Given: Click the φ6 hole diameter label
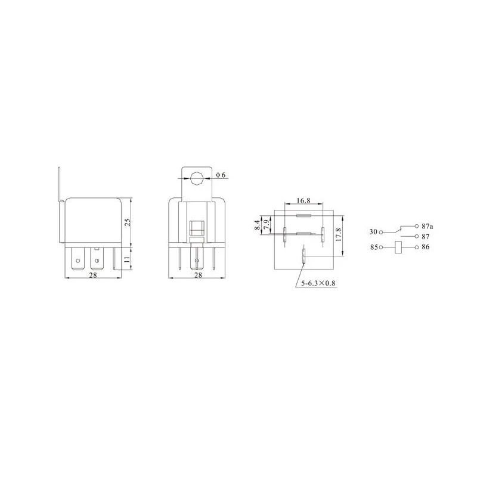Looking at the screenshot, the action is (221, 175).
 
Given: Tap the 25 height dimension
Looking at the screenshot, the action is (128, 222).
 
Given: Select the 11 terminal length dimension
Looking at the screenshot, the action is (128, 259).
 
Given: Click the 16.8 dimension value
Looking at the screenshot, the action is (303, 200).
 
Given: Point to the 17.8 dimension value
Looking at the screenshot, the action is (339, 234).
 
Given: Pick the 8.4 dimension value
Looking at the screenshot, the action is (258, 225).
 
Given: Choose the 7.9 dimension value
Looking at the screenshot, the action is (267, 225).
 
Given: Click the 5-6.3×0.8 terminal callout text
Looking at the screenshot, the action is (318, 283).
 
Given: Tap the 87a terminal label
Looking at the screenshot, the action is (428, 227).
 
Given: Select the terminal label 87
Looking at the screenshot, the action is (426, 236).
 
